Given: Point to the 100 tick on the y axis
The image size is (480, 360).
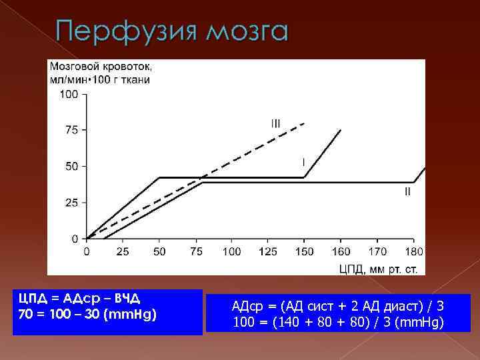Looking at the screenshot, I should click(x=69, y=94).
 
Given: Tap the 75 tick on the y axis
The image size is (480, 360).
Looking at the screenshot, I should click(x=71, y=130).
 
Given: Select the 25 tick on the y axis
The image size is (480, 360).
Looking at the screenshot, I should click(x=71, y=202).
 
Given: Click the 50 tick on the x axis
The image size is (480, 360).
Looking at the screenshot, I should click(x=159, y=251).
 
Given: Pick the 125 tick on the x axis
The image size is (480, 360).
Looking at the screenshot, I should click(x=267, y=251).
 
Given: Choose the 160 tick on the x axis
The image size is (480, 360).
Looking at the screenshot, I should click(x=340, y=251).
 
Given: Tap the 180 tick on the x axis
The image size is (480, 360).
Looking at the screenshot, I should click(x=413, y=251).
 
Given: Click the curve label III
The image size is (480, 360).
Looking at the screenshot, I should click(x=275, y=123).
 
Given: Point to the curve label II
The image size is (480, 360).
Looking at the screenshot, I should click(x=407, y=192).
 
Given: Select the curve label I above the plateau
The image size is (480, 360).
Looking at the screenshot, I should click(x=304, y=161).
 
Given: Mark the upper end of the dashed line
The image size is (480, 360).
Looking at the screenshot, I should click(x=305, y=123).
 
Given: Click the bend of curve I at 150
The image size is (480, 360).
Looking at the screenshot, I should click(x=304, y=177).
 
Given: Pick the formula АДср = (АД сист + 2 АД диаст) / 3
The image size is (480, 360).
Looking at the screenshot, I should click(x=337, y=307).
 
